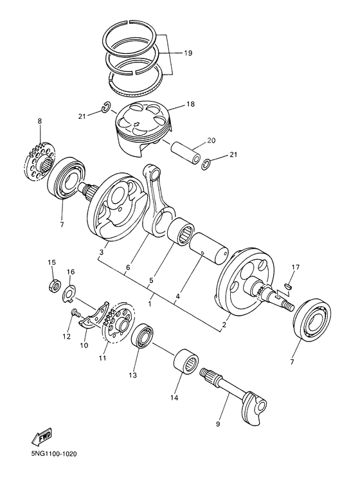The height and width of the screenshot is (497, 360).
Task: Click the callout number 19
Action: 187,54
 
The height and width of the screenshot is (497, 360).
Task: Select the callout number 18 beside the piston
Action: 190,104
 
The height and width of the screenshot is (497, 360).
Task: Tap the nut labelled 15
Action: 55,283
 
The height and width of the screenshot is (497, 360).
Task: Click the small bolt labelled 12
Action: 74,314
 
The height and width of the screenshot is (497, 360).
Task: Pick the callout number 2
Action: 224,325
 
